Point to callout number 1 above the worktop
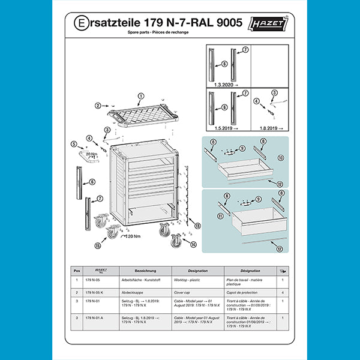click(141, 96)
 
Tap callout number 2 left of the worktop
click(97, 106)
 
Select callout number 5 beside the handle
click(73, 144)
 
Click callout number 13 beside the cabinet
click(197, 226)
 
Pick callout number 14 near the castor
click(193, 244)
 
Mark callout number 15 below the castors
click(97, 246)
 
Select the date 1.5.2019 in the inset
click(220, 129)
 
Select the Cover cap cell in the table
click(182, 292)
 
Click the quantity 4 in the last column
click(283, 292)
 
